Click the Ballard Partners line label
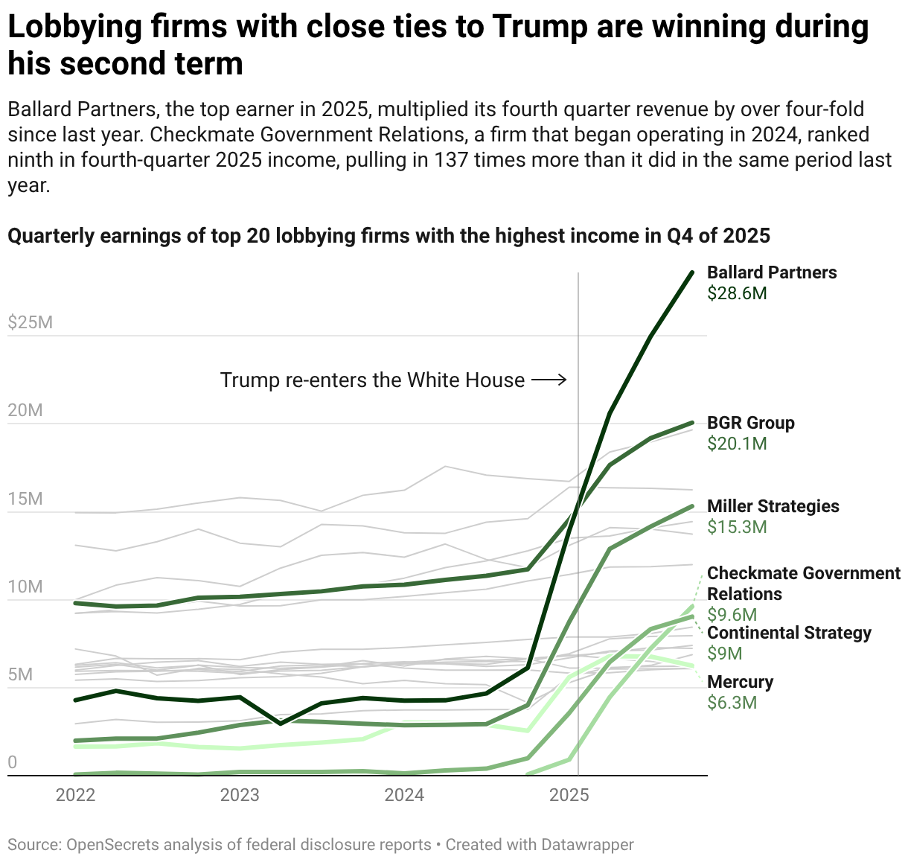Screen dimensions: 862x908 (772, 272)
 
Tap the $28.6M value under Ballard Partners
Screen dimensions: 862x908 (737, 293)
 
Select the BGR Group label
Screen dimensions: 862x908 (750, 423)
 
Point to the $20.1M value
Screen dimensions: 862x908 (737, 444)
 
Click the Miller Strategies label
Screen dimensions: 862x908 (773, 506)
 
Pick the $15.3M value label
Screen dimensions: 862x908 (737, 527)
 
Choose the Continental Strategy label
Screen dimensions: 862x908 (789, 633)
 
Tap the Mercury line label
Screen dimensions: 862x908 (740, 682)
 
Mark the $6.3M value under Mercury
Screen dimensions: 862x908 (732, 703)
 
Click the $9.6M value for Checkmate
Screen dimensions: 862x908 (732, 615)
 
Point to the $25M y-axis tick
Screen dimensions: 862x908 (30, 322)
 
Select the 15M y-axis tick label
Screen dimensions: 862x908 (25, 499)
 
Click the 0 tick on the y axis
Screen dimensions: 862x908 (12, 763)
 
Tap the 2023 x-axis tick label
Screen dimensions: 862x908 (240, 795)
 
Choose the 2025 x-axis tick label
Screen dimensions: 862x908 (569, 795)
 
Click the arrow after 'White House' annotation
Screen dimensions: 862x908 (549, 380)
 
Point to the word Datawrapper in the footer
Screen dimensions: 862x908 (587, 845)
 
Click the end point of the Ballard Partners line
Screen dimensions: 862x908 (692, 272)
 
